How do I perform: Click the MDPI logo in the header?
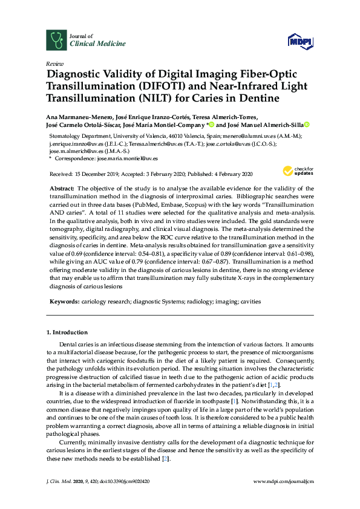(301, 41)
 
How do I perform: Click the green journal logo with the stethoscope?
(57, 40)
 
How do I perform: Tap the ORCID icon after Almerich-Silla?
(307, 125)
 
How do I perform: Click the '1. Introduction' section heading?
(67, 332)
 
